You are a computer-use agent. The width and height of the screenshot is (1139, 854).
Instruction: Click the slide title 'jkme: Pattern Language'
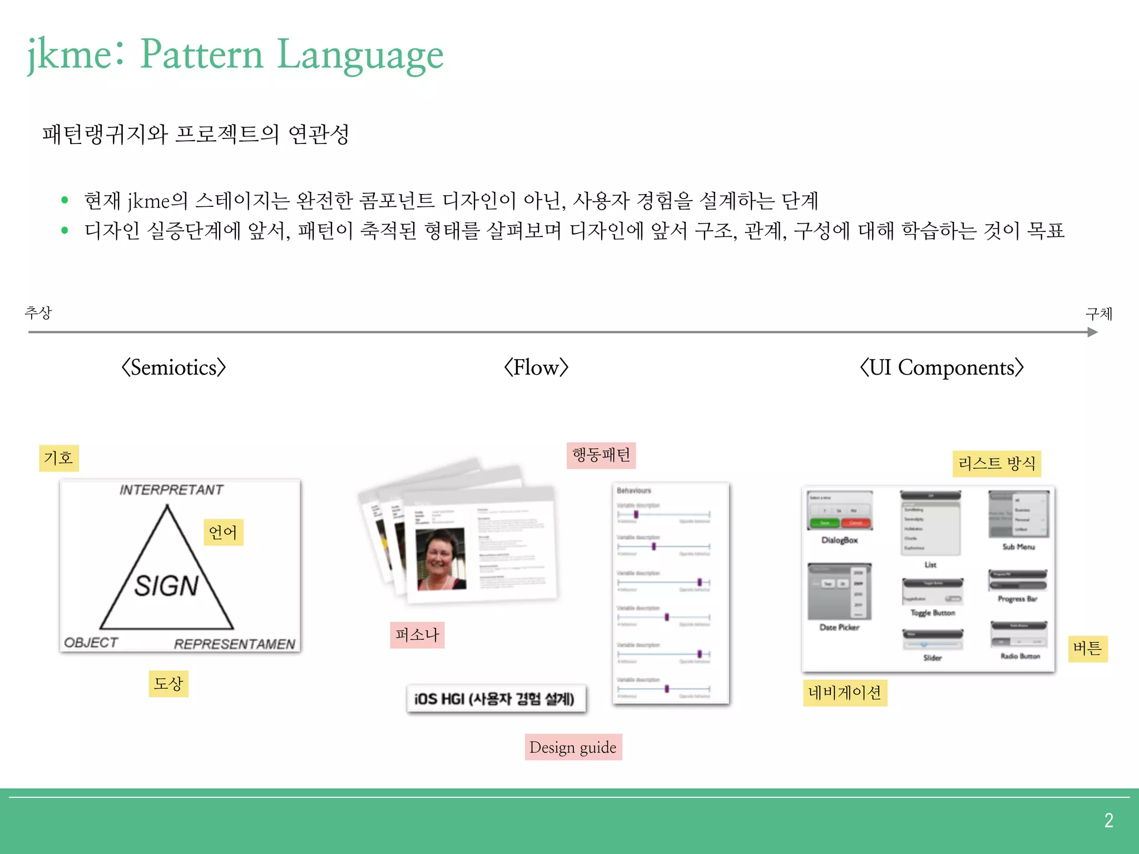tap(236, 54)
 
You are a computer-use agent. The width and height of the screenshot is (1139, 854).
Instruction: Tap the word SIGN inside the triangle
tap(166, 586)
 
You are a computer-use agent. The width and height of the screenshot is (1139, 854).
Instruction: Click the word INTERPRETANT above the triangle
tap(171, 490)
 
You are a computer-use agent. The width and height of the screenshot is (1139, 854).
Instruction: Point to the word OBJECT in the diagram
tap(91, 643)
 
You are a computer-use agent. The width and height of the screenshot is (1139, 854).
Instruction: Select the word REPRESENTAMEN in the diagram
tap(234, 644)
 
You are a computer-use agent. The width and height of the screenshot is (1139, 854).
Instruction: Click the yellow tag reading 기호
tap(58, 458)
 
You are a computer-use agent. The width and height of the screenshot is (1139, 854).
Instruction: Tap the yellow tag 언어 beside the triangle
tap(223, 532)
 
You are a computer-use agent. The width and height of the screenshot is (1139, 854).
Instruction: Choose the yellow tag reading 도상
tap(168, 683)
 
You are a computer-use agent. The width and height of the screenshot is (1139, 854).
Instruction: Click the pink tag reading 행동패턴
tap(601, 455)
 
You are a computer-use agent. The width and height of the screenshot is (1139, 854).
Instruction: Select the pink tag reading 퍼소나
tap(417, 635)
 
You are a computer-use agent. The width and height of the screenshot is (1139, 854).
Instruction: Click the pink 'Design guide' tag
tap(573, 747)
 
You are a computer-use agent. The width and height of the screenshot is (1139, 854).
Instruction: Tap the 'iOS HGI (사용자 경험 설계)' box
tap(495, 699)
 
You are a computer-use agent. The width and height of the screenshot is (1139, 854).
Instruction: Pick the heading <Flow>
tap(536, 368)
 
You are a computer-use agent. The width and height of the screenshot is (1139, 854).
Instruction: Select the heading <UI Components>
tap(942, 368)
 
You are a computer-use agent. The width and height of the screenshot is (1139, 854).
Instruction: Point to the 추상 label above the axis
tap(38, 312)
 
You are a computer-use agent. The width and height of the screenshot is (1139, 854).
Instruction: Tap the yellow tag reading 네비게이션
tap(845, 693)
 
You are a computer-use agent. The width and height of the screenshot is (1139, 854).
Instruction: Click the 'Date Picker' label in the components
tap(839, 627)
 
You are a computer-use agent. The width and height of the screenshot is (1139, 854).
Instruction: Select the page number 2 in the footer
tap(1108, 820)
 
